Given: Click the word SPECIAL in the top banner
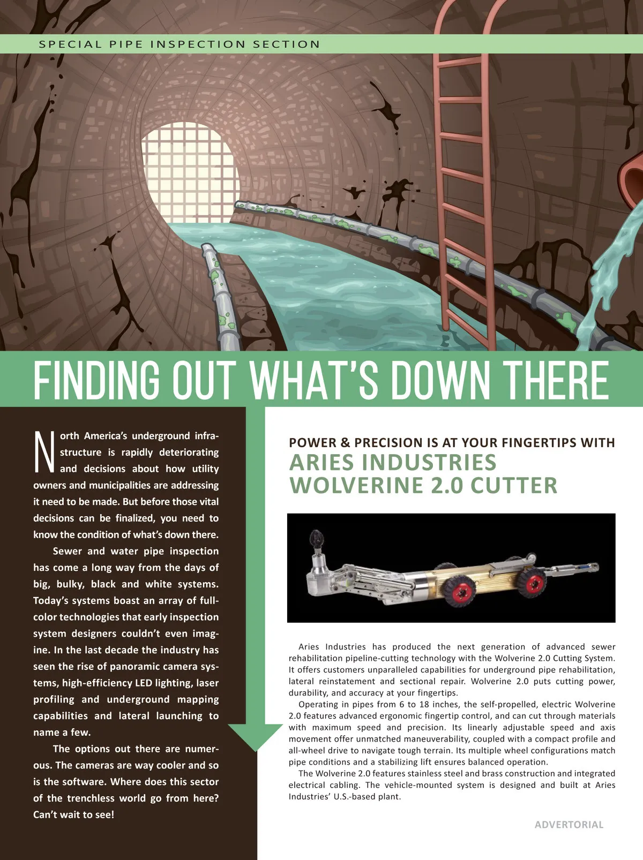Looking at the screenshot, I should pyautogui.click(x=70, y=44).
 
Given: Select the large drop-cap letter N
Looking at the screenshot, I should pyautogui.click(x=44, y=452).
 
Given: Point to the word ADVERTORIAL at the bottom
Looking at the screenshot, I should pyautogui.click(x=569, y=825).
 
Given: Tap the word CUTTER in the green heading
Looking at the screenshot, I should pyautogui.click(x=514, y=486).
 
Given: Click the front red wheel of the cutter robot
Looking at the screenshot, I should pyautogui.click(x=458, y=591).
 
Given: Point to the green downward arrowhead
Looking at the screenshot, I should pyautogui.click(x=256, y=736).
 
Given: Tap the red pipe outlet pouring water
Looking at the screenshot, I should pyautogui.click(x=632, y=179).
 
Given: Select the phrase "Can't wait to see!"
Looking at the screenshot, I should pyautogui.click(x=73, y=814).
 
